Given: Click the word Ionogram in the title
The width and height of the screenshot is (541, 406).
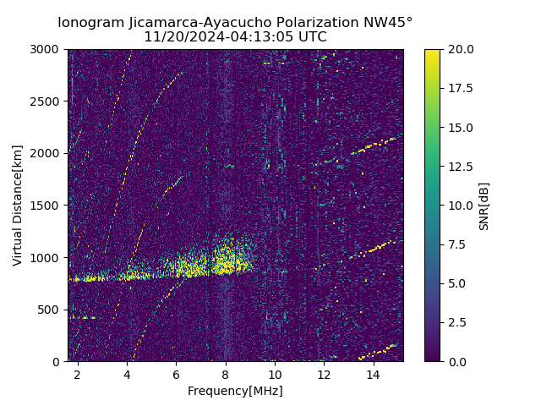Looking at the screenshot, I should [91, 23].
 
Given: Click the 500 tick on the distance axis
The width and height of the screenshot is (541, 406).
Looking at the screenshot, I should [51, 310].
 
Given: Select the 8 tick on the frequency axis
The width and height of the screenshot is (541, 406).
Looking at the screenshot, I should [226, 373].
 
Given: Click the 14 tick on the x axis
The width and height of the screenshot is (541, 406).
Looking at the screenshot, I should [373, 373].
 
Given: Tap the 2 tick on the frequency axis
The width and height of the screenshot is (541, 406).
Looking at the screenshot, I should [78, 373].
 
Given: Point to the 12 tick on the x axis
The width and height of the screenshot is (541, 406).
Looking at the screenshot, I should [324, 373].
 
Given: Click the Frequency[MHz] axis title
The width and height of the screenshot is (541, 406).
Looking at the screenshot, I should [235, 391].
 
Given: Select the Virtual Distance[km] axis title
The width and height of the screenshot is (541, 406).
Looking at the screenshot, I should [18, 206].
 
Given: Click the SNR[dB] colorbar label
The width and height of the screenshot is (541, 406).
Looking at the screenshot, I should [484, 206].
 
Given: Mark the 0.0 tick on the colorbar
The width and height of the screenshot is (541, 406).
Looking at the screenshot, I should [456, 361].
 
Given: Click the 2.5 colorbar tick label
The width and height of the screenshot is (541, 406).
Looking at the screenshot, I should [456, 322].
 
